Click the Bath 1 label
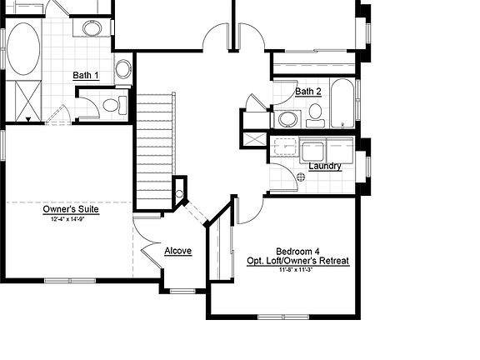tap(86, 76)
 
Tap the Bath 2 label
tap(308, 91)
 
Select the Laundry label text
tap(325, 166)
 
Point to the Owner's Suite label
tap(71, 209)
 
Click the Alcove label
tap(177, 251)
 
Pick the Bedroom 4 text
tap(297, 251)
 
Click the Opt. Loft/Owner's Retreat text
tap(297, 261)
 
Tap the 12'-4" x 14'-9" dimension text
tap(71, 219)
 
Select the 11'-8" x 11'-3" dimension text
tap(297, 270)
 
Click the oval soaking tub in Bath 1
tap(23, 49)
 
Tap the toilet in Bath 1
tap(114, 105)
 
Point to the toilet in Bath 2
tap(315, 114)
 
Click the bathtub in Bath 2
tap(343, 103)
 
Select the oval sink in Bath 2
tap(287, 118)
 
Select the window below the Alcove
tap(182, 291)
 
